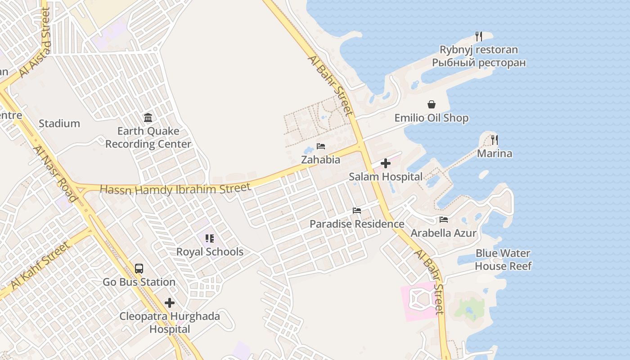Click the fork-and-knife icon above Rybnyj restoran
click(479, 36)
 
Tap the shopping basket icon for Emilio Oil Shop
click(432, 105)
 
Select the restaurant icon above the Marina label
click(495, 140)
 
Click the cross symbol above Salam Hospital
click(386, 163)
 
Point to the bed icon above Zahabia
click(321, 146)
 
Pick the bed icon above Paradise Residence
click(357, 211)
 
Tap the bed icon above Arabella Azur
click(444, 220)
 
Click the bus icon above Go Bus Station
click(139, 269)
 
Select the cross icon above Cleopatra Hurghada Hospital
click(170, 303)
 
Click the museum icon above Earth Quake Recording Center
click(148, 118)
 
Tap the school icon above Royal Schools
click(210, 238)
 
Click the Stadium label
click(59, 124)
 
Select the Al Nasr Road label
click(55, 174)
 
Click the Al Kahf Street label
click(40, 266)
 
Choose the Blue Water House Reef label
click(503, 260)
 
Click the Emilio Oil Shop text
click(432, 118)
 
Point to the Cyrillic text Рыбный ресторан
click(479, 63)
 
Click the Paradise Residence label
click(357, 224)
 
